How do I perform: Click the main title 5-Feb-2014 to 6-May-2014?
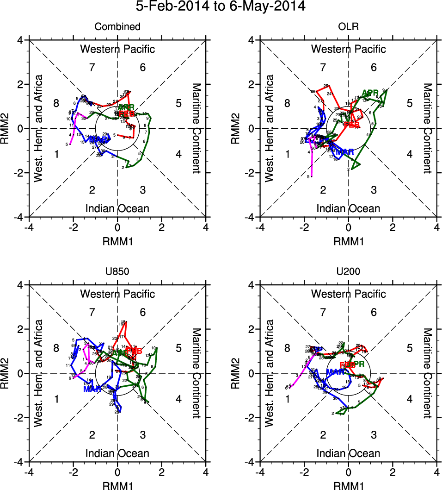[x=221, y=6]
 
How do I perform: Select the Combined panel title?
[x=117, y=27]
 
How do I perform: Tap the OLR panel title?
[x=348, y=27]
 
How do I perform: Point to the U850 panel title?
[x=117, y=272]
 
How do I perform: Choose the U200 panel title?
[x=348, y=272]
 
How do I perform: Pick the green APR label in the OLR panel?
[x=370, y=93]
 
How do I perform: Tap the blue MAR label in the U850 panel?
[x=92, y=389]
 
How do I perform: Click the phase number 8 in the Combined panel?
[x=56, y=103]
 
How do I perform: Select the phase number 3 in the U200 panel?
[x=374, y=434]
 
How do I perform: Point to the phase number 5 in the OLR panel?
[x=410, y=103]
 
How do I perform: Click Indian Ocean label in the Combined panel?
[x=117, y=208]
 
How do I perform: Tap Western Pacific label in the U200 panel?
[x=348, y=294]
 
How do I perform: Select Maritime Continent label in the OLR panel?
[x=427, y=128]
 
